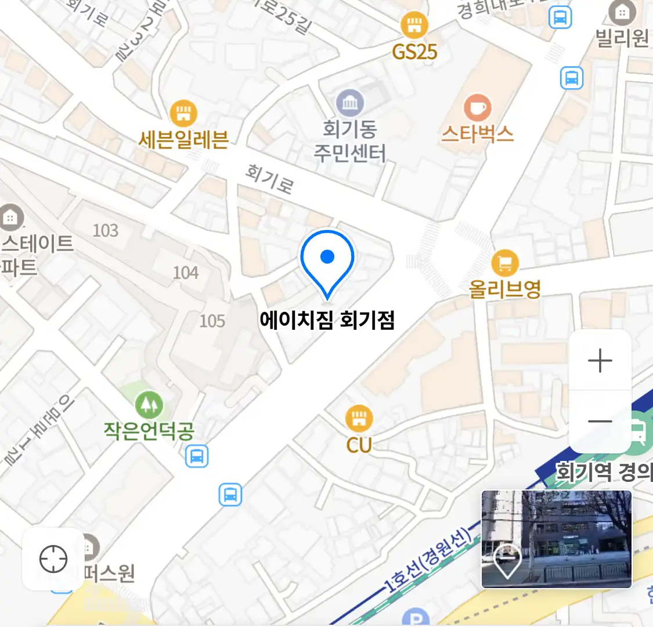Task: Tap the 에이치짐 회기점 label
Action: (327, 320)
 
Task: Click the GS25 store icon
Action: (414, 26)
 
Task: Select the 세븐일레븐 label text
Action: (183, 140)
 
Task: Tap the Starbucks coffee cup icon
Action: (477, 107)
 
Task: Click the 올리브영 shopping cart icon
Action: (504, 264)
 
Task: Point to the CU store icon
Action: (359, 417)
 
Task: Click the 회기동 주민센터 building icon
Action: (349, 103)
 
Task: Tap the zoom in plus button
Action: (600, 361)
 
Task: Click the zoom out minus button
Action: (600, 421)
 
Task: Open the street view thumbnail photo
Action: (556, 539)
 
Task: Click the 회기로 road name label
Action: (269, 178)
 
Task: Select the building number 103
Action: (106, 230)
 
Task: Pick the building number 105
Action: (212, 320)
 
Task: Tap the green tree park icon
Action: (149, 404)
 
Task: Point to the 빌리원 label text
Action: (622, 38)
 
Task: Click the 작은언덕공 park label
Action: (149, 431)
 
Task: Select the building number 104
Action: (186, 272)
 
